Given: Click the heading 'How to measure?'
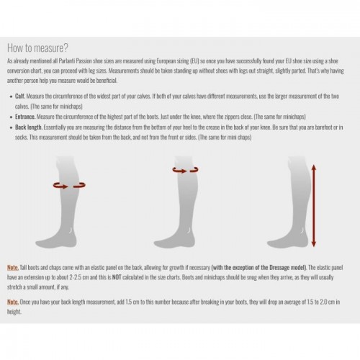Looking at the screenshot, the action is click(x=37, y=48).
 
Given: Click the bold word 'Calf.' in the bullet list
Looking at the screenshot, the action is click(x=20, y=96).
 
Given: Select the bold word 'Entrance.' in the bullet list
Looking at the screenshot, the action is click(x=25, y=117).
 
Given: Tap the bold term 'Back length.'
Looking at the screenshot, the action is click(x=29, y=127).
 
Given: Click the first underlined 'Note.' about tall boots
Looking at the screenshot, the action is click(x=13, y=268).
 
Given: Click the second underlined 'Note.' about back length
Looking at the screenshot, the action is click(x=13, y=302).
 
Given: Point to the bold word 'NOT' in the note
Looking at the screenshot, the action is click(x=117, y=277).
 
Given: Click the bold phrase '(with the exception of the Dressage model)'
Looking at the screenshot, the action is click(x=259, y=268).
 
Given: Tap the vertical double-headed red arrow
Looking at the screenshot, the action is click(x=313, y=206).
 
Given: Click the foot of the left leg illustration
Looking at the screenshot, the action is click(x=56, y=240).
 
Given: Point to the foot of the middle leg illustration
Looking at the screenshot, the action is click(x=174, y=240).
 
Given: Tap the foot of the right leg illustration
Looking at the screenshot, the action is click(x=287, y=240).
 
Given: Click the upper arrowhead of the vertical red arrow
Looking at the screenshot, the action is click(x=313, y=168).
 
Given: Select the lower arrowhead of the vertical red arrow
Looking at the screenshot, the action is click(x=313, y=244).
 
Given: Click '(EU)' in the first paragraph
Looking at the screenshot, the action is click(x=194, y=61).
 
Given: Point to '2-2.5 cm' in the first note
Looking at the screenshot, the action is click(x=79, y=277).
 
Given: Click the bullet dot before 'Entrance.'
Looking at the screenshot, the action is click(x=11, y=117).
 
